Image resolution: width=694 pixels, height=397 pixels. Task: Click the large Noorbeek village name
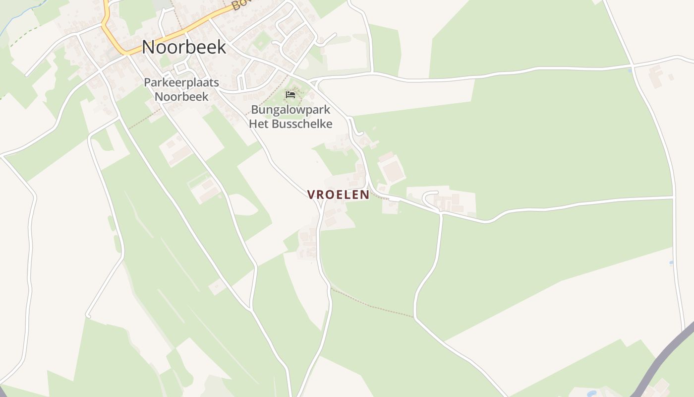click(x=184, y=47)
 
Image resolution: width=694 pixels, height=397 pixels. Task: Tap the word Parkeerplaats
click(x=181, y=82)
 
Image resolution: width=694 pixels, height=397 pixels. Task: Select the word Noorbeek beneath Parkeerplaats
click(x=181, y=96)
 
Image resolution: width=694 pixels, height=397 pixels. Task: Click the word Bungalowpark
click(x=290, y=110)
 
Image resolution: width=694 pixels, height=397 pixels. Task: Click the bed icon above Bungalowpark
click(x=290, y=94)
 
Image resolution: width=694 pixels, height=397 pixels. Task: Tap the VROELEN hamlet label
click(x=339, y=195)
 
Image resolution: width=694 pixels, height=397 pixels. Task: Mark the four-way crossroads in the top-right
click(x=633, y=65)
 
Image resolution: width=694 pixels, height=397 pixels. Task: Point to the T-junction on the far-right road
click(x=674, y=198)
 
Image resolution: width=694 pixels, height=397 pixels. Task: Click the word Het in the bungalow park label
click(x=258, y=124)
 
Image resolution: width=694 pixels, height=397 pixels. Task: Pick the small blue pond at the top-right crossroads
click(x=630, y=70)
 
